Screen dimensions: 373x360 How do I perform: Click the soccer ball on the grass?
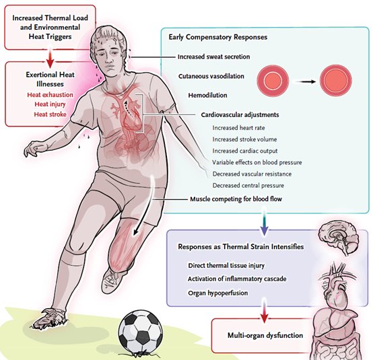[x=141, y=332]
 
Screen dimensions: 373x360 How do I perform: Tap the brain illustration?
[x=339, y=239]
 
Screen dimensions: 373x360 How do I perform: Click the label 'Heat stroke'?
[x=50, y=114]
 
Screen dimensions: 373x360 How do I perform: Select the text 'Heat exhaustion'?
[x=50, y=95]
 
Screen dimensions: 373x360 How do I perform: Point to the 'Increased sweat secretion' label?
[x=214, y=57]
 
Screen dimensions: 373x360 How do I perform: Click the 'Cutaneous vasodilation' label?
[x=211, y=76]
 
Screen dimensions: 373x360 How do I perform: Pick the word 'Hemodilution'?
[x=207, y=96]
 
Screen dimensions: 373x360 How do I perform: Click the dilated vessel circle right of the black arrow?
[x=336, y=80]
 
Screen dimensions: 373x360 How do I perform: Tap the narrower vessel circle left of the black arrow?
[x=273, y=80]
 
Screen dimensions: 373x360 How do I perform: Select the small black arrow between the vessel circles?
[x=305, y=82]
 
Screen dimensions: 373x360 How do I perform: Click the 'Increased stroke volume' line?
[x=245, y=139]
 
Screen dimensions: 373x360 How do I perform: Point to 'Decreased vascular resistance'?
[x=252, y=174]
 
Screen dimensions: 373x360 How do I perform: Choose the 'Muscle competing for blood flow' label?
[x=236, y=199]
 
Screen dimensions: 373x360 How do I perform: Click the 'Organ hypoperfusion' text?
[x=218, y=293]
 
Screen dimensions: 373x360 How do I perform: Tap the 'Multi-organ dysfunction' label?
[x=265, y=336]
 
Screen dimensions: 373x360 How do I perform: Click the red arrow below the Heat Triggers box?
[x=50, y=57]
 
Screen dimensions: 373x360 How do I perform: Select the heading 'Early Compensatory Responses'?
[x=218, y=37]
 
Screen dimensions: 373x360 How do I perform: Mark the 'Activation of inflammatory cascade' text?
[x=237, y=279]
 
